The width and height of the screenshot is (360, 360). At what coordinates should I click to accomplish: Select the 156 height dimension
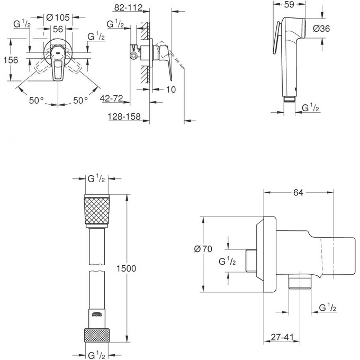[11, 60]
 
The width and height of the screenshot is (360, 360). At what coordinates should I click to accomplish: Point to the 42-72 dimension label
[112, 98]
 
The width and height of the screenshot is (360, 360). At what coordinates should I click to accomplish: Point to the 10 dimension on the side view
[170, 90]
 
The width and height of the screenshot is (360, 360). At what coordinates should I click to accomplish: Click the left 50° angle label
[36, 100]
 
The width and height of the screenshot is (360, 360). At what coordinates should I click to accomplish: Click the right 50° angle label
[80, 100]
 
